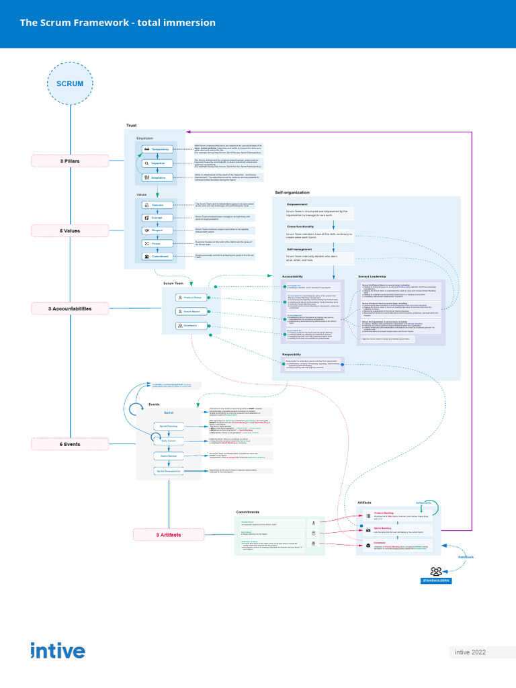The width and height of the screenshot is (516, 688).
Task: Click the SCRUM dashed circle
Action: pyautogui.click(x=70, y=84)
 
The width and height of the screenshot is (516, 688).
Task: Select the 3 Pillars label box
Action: pyautogui.click(x=70, y=161)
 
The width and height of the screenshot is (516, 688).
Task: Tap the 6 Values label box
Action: pyautogui.click(x=70, y=230)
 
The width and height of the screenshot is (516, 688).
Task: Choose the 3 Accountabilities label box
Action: pyautogui.click(x=70, y=308)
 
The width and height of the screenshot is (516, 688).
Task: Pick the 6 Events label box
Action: pyautogui.click(x=70, y=444)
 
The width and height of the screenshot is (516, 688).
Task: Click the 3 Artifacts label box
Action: pyautogui.click(x=168, y=535)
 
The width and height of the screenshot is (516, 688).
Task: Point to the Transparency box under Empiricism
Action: pyautogui.click(x=156, y=149)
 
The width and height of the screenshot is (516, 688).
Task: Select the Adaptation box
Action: pyautogui.click(x=156, y=178)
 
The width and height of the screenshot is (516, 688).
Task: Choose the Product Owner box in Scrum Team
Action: pyautogui.click(x=190, y=297)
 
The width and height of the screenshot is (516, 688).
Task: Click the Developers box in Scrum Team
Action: pyautogui.click(x=190, y=325)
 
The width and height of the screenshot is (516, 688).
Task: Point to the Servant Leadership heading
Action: pyautogui.click(x=372, y=276)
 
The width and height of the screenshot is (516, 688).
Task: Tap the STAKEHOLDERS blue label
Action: pyautogui.click(x=436, y=580)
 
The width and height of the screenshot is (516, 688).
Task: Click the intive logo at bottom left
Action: pyautogui.click(x=58, y=651)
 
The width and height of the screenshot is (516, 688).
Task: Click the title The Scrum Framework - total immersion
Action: pyautogui.click(x=118, y=23)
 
